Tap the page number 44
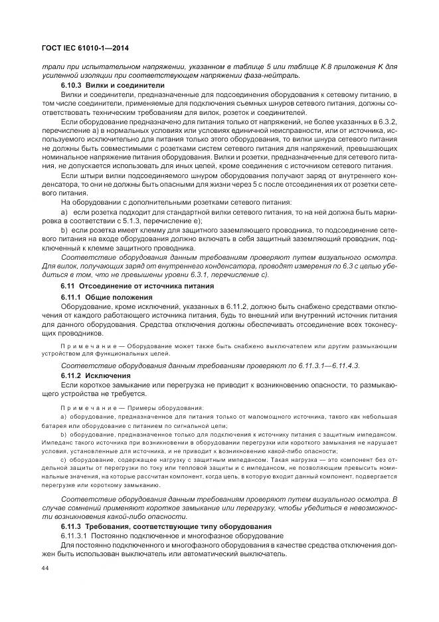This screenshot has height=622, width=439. click(x=46, y=568)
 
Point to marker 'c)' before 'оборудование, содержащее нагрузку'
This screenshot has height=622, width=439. click(x=64, y=459)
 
